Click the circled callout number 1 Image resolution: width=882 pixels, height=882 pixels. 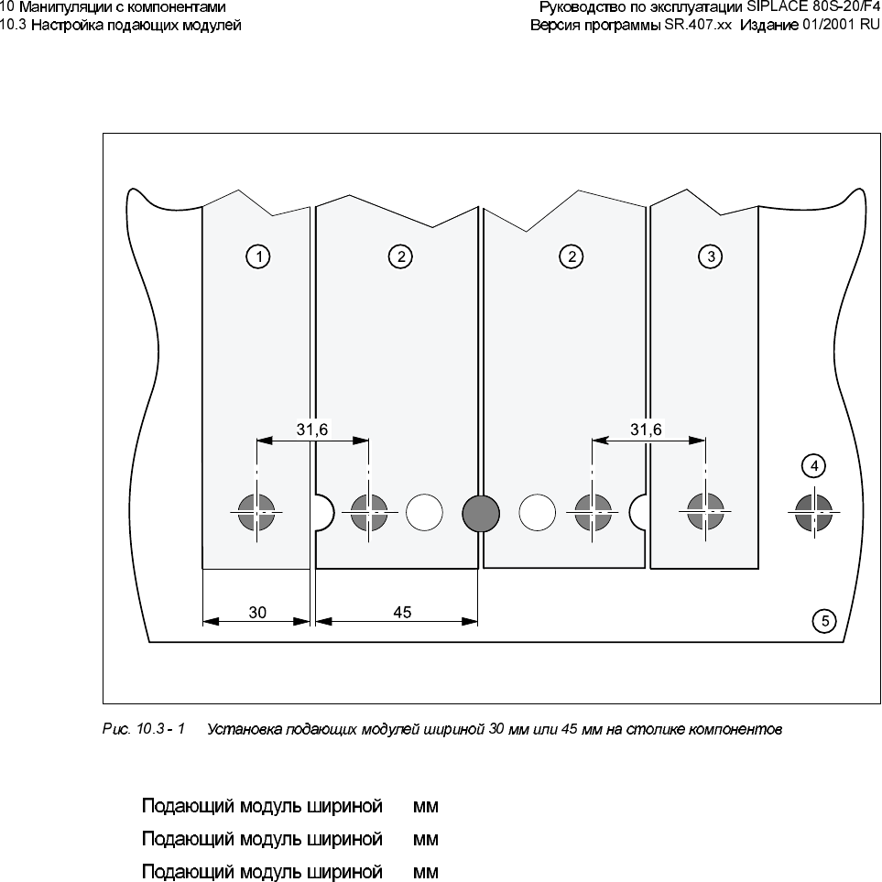click(x=259, y=257)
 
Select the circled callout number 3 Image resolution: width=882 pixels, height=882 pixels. click(x=712, y=257)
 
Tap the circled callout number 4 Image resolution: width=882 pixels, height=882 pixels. click(x=811, y=466)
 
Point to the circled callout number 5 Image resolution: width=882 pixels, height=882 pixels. click(x=824, y=621)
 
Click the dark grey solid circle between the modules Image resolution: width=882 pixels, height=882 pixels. click(x=480, y=512)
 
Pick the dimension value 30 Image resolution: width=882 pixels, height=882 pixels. click(x=257, y=613)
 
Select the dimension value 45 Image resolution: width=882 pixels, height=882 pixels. click(x=402, y=613)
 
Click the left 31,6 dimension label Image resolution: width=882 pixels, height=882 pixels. click(x=312, y=428)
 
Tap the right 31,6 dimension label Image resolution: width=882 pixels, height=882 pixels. click(x=647, y=428)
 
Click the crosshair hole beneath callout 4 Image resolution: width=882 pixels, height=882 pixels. click(x=811, y=512)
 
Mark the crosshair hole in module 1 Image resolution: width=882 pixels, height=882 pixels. click(x=257, y=512)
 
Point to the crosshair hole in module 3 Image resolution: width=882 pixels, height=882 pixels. click(x=705, y=512)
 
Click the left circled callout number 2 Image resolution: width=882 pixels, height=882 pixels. click(x=401, y=257)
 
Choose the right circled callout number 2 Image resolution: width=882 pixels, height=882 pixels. click(x=572, y=257)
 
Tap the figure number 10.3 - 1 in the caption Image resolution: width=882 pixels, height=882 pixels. click(x=165, y=730)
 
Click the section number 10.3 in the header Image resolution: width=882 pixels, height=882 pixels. click(x=15, y=25)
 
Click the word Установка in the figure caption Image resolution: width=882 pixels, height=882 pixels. click(x=240, y=730)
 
